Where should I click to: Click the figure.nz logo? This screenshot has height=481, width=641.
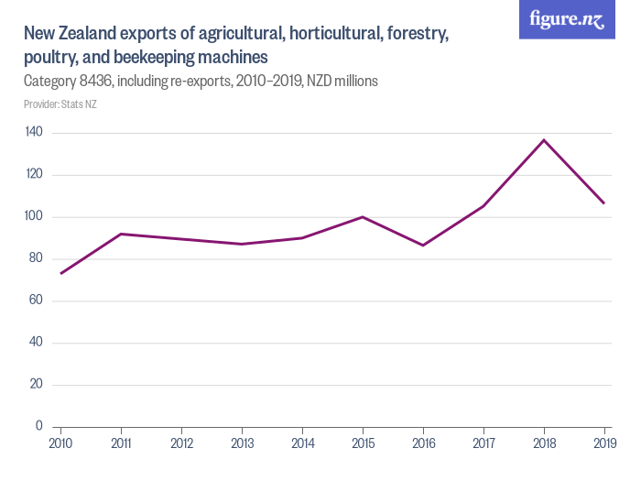567,20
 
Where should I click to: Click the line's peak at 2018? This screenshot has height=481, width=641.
544,140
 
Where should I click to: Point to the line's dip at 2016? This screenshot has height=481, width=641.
423,245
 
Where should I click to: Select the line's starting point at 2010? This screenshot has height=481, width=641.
61,273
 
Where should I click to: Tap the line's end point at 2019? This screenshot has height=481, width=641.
604,203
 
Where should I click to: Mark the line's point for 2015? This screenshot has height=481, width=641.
363,217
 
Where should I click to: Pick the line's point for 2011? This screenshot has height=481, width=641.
122,234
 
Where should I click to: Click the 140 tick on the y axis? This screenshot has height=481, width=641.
35,133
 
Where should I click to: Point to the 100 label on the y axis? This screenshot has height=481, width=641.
35,217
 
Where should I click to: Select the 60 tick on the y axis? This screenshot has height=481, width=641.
37,301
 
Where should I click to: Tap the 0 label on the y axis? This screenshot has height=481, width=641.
39,426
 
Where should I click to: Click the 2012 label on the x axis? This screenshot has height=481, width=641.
181,444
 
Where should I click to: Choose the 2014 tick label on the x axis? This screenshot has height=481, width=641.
302,444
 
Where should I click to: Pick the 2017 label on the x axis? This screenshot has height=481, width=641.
483,444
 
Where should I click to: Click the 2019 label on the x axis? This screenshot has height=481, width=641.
604,444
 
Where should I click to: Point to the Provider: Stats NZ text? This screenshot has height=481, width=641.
60,104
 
